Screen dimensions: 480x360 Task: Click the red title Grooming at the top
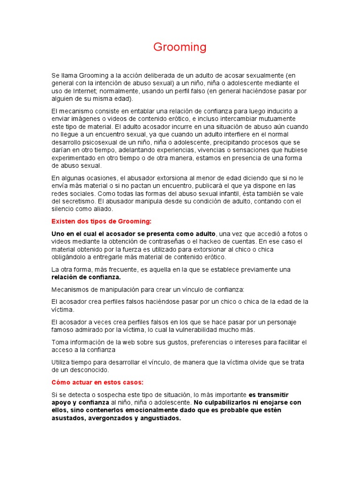[180, 47]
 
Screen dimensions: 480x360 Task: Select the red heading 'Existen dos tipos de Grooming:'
[101, 221]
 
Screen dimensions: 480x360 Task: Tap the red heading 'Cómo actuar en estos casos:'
[97, 382]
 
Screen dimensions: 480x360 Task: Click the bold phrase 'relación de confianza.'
[86, 277]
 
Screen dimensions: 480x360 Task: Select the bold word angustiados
[160, 418]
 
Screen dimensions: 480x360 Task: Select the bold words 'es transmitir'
[269, 394]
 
